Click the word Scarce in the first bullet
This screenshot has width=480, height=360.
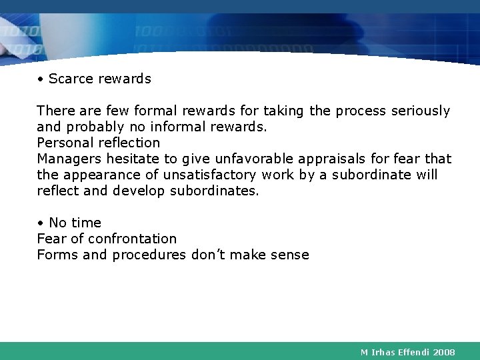click(71, 79)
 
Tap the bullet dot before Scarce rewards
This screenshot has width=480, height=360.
click(41, 79)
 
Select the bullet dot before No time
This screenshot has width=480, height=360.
click(41, 223)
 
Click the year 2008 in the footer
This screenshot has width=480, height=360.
click(444, 351)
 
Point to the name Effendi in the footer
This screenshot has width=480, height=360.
click(413, 351)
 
